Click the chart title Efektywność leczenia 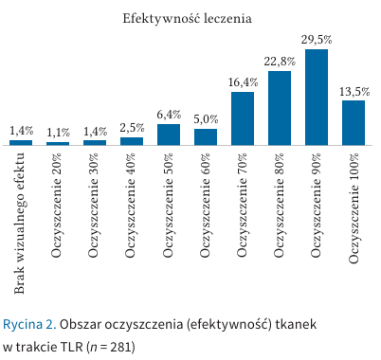[x=187, y=18]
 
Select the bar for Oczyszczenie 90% [x=317, y=98]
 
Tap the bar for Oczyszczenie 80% [x=280, y=108]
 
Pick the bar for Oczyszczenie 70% [x=243, y=118]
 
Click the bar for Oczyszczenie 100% [x=354, y=123]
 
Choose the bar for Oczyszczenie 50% [x=169, y=135]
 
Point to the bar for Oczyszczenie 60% [x=206, y=137]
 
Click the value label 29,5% [x=317, y=40]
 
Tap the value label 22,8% [x=280, y=62]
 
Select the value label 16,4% [x=243, y=82]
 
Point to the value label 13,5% [x=354, y=92]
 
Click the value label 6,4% [x=169, y=115]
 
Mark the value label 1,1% [x=59, y=133]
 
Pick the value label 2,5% [x=132, y=128]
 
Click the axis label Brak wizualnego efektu [x=20, y=224]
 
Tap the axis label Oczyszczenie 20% [x=57, y=206]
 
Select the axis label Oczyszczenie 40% [x=131, y=206]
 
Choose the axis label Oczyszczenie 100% [x=354, y=208]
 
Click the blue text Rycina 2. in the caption [x=29, y=325]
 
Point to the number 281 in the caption [x=120, y=347]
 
